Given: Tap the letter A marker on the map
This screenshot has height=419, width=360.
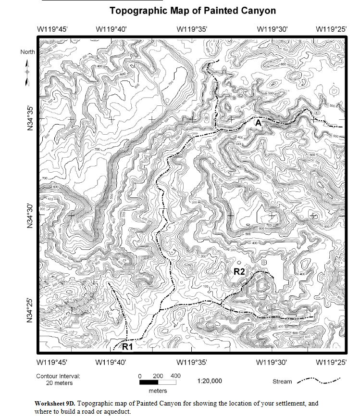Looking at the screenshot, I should click(x=258, y=124).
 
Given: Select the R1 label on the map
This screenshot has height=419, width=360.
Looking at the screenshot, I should click(x=127, y=346).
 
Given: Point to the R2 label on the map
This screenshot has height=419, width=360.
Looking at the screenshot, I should click(x=239, y=272).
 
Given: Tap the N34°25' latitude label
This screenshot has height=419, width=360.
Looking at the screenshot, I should click(x=30, y=311).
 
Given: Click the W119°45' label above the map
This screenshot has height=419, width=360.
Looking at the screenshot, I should click(x=52, y=29).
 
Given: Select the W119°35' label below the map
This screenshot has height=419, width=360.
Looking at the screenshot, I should click(x=192, y=362).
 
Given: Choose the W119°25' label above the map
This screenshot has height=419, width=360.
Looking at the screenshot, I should click(x=331, y=29).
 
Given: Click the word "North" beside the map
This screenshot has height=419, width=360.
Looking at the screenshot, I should click(x=27, y=51).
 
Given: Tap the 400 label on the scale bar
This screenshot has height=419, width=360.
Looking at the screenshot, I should click(x=175, y=376).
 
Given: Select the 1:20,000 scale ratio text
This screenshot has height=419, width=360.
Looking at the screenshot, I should click(x=210, y=381).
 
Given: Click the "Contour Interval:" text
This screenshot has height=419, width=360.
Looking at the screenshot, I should click(x=58, y=376).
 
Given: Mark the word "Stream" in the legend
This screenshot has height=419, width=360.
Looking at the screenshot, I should click(x=282, y=381).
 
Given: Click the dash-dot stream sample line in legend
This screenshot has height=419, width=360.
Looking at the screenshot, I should click(x=319, y=381).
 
